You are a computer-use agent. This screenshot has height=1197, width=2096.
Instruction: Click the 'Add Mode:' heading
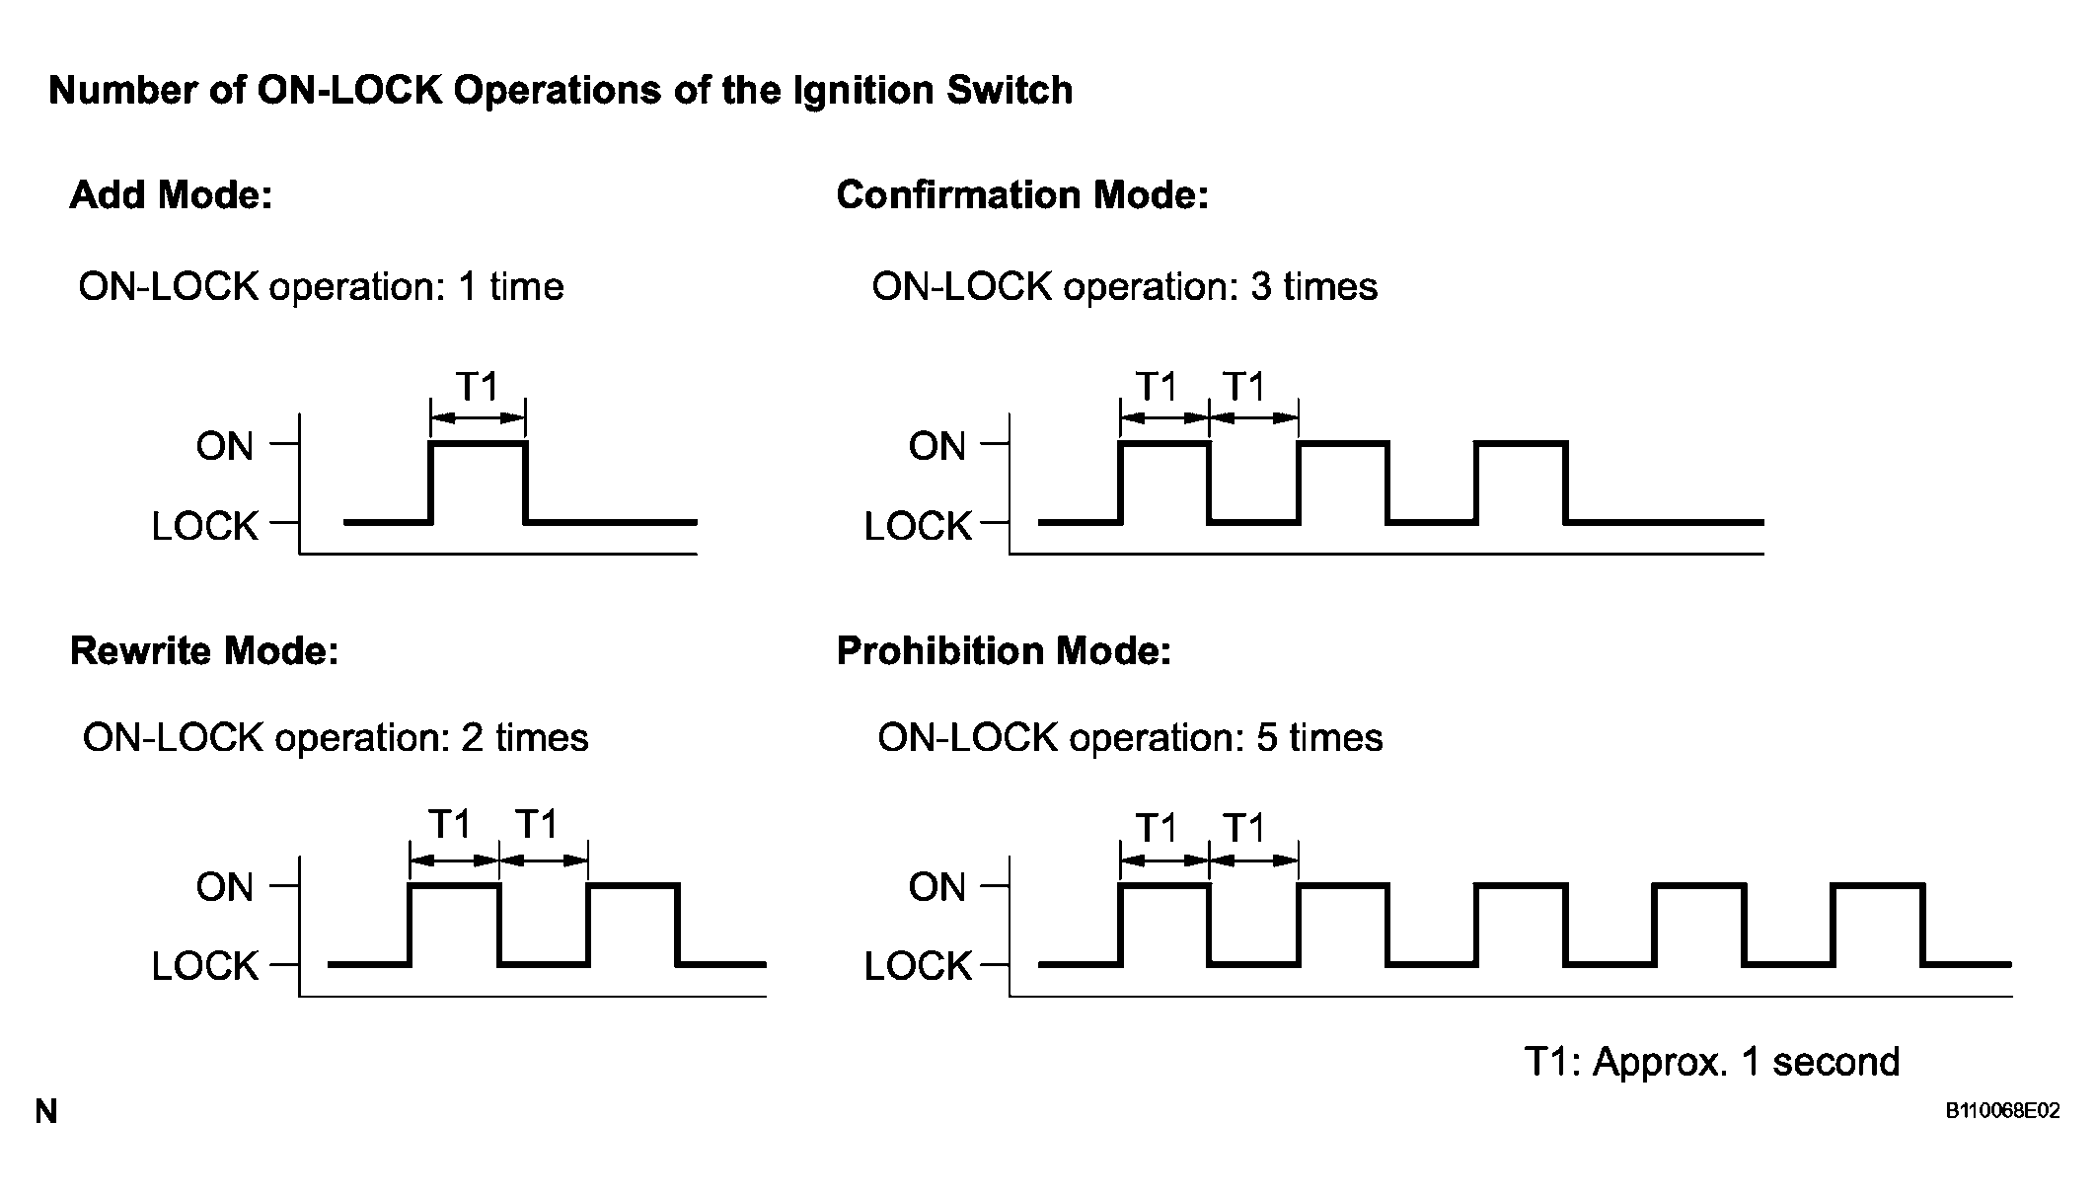(x=171, y=195)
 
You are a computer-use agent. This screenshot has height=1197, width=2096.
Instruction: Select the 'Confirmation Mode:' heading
(x=1022, y=195)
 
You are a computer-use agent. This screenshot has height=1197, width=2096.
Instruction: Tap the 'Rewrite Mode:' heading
(x=204, y=651)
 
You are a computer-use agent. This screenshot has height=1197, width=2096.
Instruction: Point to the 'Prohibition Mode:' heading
(x=1004, y=651)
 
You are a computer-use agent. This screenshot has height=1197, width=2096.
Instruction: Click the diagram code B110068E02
(x=2002, y=1111)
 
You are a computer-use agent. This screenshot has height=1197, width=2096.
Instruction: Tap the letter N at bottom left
(x=46, y=1112)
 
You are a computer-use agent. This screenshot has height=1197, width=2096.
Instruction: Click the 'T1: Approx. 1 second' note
(x=1712, y=1062)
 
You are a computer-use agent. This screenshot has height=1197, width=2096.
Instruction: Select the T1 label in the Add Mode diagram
(x=478, y=386)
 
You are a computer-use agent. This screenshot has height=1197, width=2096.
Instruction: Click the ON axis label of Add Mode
(x=225, y=447)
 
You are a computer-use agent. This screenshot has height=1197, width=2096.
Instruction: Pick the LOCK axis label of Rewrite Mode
(x=205, y=966)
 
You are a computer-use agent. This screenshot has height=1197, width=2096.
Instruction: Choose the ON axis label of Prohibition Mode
(x=936, y=887)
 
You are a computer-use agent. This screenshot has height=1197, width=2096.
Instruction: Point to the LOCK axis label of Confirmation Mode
(x=918, y=526)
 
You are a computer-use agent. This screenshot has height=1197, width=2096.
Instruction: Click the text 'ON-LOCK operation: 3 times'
(x=1125, y=287)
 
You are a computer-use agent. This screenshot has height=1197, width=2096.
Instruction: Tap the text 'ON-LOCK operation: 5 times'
(x=1130, y=738)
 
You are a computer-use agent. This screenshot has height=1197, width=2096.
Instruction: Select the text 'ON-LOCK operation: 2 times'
(x=336, y=738)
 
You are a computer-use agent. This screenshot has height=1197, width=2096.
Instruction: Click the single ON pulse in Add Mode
(x=479, y=444)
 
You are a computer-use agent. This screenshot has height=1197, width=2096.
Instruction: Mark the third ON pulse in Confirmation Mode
(x=1521, y=444)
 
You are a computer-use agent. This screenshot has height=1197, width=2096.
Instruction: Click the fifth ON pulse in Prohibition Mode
(x=1878, y=885)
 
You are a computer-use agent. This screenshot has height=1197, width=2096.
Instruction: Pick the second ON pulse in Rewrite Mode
(x=633, y=885)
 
